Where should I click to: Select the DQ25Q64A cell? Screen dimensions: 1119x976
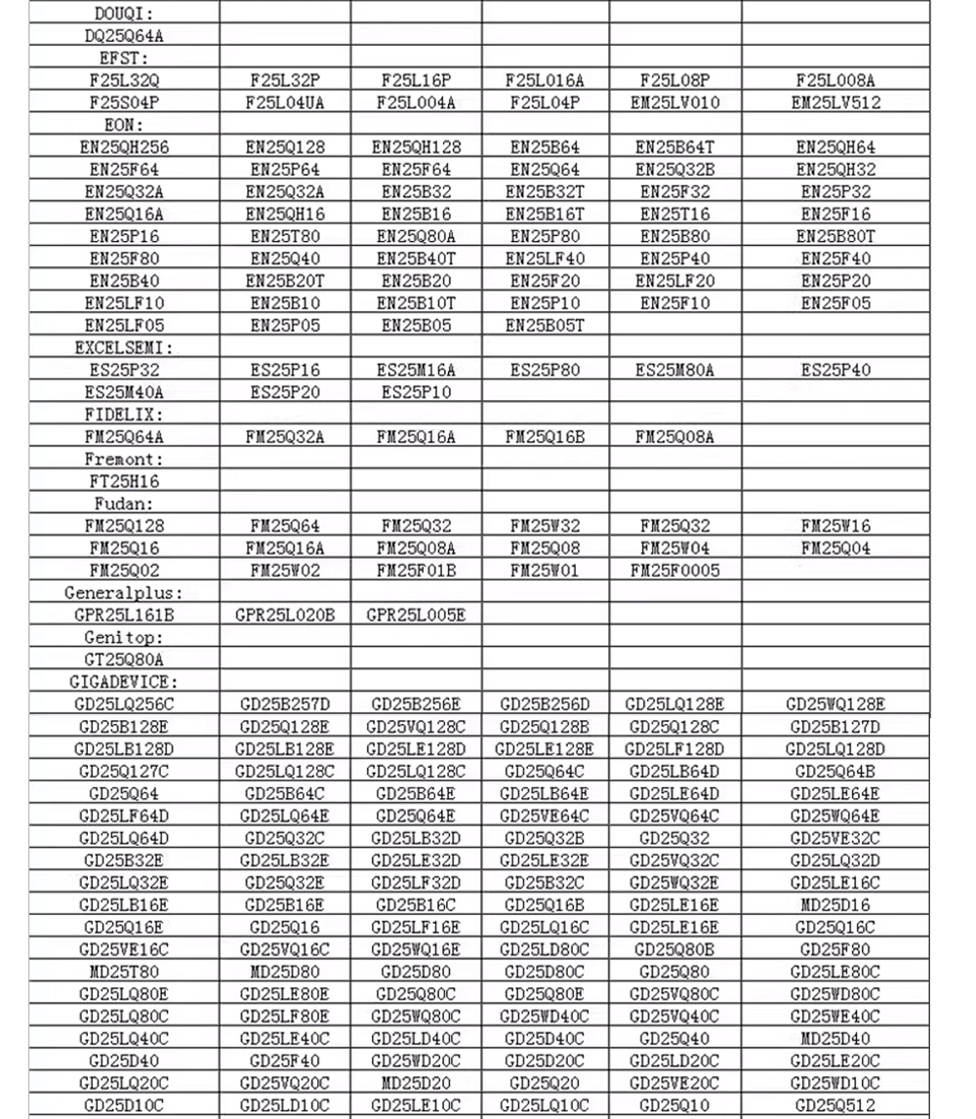point(124,37)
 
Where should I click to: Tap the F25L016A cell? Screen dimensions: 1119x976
point(545,81)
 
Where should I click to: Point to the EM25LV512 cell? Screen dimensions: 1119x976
point(835,102)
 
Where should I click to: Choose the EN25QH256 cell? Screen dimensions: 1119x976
point(124,147)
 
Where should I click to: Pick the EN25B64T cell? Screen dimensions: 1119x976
point(675,147)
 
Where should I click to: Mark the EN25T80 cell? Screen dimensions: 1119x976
point(285,236)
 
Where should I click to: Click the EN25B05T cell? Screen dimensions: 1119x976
point(545,326)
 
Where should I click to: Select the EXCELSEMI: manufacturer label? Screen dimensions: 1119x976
point(124,347)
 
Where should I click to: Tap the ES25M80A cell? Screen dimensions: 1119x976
point(675,370)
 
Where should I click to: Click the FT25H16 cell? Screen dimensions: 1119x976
point(124,481)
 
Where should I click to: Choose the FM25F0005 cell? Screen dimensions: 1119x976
point(675,571)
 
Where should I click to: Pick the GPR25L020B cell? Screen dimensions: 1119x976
point(285,615)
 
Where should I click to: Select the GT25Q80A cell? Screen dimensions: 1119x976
point(124,659)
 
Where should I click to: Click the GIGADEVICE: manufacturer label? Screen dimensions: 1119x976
point(124,682)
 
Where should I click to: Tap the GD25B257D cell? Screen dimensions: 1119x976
point(285,704)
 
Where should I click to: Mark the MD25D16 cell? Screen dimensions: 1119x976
point(835,904)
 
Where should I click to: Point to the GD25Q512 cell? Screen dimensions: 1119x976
point(835,1105)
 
